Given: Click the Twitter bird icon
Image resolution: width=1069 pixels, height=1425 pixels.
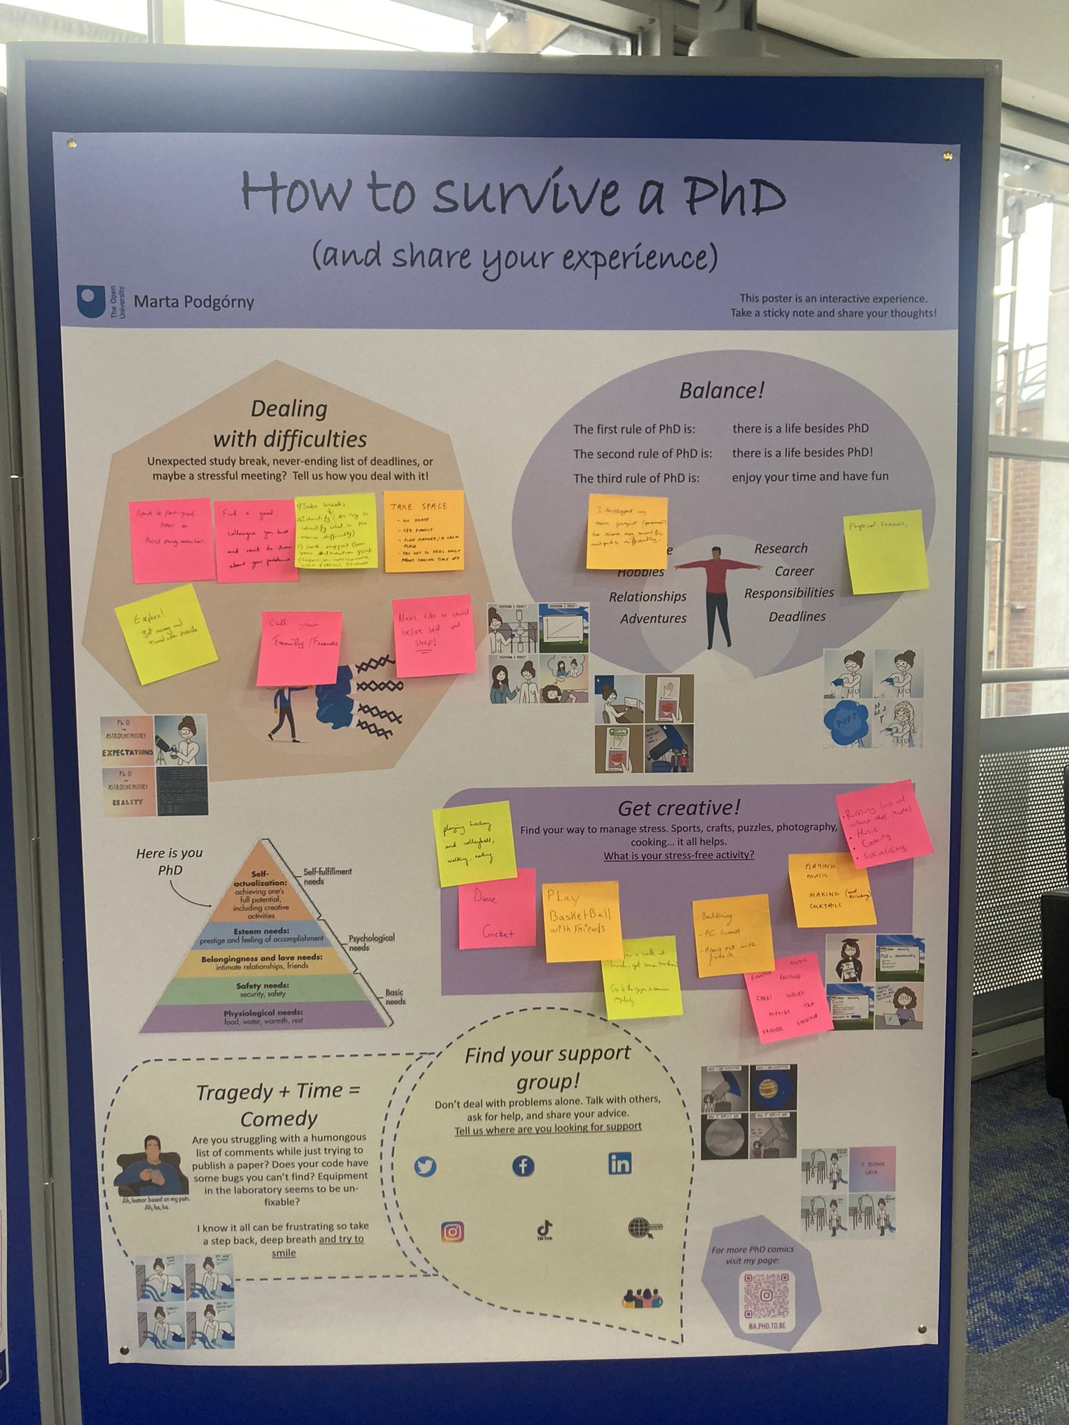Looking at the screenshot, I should point(425,1167).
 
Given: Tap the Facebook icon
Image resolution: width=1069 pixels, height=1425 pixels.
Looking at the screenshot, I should point(523,1165).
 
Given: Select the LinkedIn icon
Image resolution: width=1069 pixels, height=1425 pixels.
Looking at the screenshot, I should point(619,1163).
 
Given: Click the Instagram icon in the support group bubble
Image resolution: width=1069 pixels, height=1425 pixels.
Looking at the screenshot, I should point(452,1232).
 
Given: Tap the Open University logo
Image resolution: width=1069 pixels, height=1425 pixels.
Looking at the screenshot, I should point(92,301).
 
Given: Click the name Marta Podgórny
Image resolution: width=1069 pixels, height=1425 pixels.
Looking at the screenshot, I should point(193,302).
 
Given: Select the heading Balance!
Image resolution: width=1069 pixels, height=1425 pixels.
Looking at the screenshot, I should point(722,390).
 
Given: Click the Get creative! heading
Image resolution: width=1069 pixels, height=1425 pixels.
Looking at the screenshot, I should point(679,808).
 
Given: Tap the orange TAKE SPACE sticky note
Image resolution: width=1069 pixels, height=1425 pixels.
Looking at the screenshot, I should point(424,532).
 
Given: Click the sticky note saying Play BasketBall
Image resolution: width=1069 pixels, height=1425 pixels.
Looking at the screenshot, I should point(582,921).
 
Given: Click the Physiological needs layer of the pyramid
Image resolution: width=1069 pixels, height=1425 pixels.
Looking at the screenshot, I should point(263,1017).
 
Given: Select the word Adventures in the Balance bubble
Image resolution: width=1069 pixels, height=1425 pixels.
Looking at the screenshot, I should point(653,619).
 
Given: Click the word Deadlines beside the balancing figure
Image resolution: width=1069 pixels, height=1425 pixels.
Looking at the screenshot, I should point(797,616).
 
